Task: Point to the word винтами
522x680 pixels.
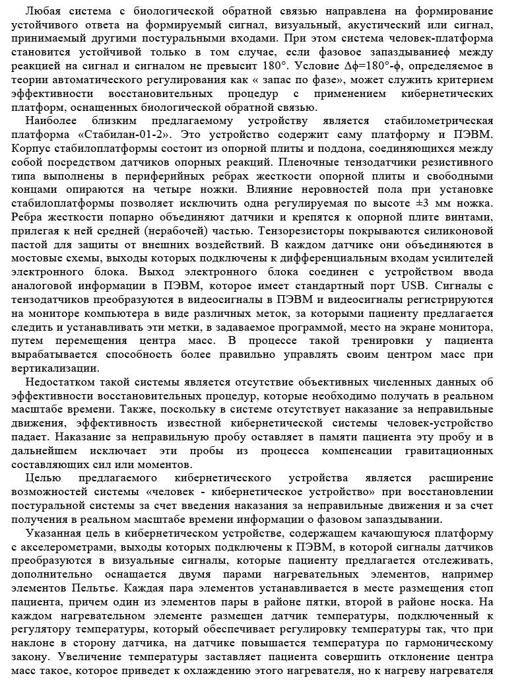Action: tap(471, 217)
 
